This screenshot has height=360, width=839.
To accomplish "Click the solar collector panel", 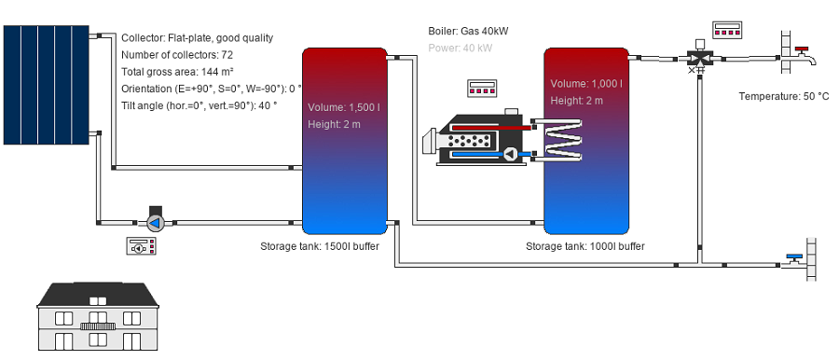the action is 46,85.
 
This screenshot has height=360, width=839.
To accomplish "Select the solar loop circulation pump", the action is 155,221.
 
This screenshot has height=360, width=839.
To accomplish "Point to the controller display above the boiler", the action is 482,89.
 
